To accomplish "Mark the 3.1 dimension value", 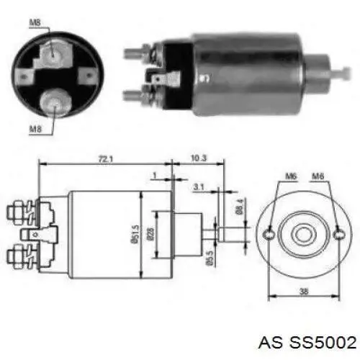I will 198,187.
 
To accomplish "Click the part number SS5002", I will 323,340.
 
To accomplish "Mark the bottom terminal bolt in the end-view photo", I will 54,102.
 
